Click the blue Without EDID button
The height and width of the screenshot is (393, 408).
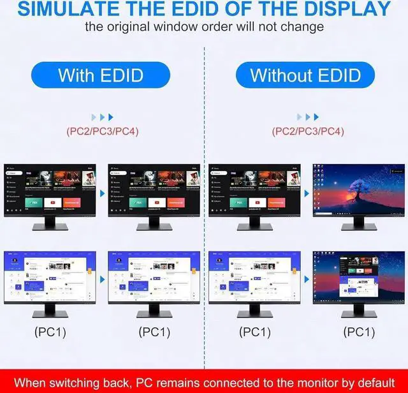point(305,75)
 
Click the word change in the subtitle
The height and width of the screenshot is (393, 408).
point(302,27)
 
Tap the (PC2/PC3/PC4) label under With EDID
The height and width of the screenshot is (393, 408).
point(102,132)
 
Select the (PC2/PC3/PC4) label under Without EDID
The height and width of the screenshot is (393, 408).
point(308,132)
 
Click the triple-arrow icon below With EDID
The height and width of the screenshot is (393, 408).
point(102,117)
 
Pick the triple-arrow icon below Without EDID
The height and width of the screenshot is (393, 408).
point(308,117)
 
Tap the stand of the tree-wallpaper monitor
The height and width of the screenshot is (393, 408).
point(359,223)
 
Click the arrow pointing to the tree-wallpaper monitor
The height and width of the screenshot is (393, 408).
point(306,192)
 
